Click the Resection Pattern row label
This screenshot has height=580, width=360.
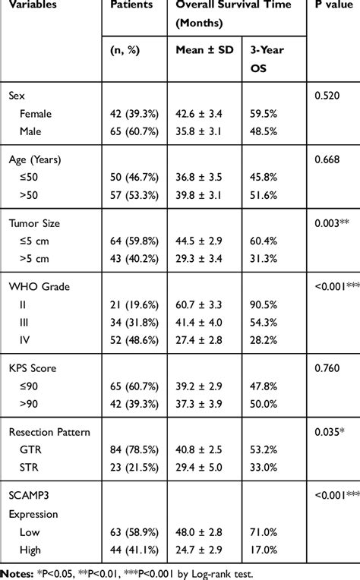coord(49,432)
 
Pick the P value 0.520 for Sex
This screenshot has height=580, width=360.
coord(327,96)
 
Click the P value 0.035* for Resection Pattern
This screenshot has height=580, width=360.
coord(330,432)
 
